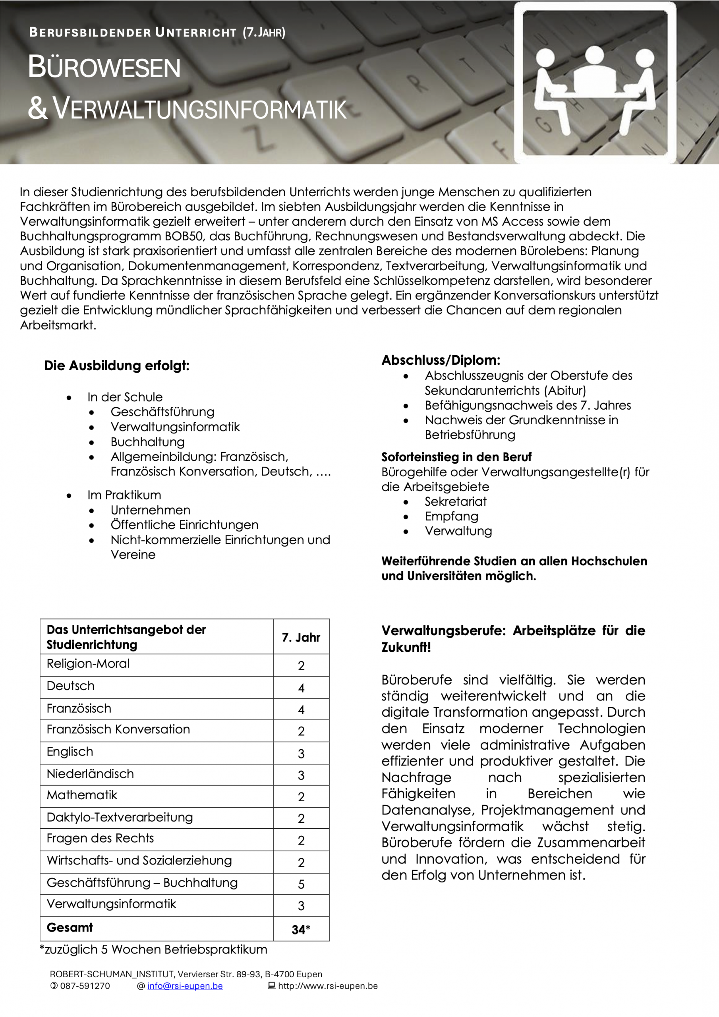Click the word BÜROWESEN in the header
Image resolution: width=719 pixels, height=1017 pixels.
pos(104,67)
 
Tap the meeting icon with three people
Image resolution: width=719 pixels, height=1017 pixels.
pos(595,83)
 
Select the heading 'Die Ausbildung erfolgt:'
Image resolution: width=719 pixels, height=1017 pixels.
pos(117,366)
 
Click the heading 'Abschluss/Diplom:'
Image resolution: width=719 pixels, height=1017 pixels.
pos(441,360)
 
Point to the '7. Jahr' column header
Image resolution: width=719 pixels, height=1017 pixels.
pos(301,637)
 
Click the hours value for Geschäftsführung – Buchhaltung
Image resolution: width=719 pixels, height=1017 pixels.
pos(301,884)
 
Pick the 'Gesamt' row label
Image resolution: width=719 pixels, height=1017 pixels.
pos(70,928)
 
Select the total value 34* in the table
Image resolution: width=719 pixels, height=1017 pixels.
pos(301,930)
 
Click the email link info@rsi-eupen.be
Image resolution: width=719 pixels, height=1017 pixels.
pos(185,986)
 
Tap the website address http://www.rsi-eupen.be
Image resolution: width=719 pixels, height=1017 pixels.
pos(327,986)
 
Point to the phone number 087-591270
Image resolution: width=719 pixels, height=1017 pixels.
pos(85,986)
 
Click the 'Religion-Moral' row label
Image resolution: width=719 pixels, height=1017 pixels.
pos(88,663)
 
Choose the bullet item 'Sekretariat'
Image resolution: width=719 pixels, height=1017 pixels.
pos(455,501)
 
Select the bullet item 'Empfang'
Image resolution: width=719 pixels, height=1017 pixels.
pos(451,516)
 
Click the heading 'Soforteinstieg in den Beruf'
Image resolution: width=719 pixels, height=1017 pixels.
pos(456,457)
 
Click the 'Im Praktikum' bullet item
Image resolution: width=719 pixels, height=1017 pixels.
pos(124,495)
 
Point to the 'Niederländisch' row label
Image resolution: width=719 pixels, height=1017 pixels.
pos(91,774)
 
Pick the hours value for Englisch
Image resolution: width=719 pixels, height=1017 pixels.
pos(301,754)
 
